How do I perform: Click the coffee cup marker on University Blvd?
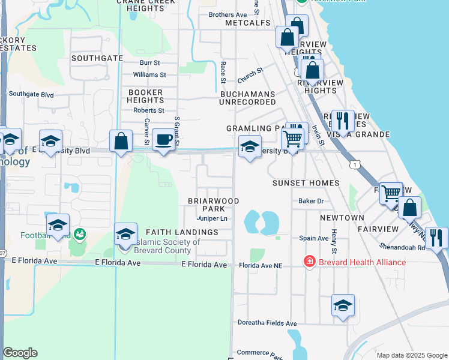[163, 140]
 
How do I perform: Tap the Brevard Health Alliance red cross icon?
[309, 262]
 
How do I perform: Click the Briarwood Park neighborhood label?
[214, 205]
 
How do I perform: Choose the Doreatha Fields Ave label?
[267, 323]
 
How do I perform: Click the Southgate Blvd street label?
[31, 94]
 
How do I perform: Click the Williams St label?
[149, 74]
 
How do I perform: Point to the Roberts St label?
[149, 110]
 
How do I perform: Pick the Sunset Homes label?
[306, 182]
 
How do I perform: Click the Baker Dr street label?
[312, 201]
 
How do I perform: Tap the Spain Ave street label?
[314, 238]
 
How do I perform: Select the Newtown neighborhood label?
[342, 217]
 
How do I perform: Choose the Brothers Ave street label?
[228, 15]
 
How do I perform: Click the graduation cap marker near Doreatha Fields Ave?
[343, 305]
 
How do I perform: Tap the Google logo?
[20, 353]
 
